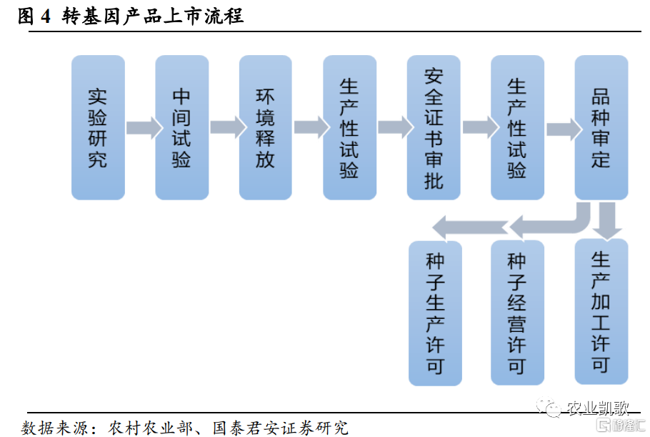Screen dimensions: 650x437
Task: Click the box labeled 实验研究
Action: coord(98,127)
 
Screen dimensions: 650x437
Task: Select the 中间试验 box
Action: coord(181,127)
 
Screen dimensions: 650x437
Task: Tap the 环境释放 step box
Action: coord(265,127)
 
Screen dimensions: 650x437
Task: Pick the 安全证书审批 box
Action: coord(434,127)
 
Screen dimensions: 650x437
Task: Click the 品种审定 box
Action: coord(601,127)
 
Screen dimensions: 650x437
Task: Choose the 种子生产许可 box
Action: coord(435,313)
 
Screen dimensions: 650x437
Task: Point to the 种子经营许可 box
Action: coord(517,313)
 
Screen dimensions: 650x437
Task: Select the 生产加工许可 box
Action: coord(601,312)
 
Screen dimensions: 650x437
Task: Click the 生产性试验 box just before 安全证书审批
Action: coord(349,127)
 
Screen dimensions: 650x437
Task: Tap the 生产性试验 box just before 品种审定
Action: coord(517,127)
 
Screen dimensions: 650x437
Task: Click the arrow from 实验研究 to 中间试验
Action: coord(144,127)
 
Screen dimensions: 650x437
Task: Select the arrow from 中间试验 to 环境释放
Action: coord(229,127)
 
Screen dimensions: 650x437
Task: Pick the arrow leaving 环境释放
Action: coord(312,127)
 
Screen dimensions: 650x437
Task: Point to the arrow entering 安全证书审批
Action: coord(396,127)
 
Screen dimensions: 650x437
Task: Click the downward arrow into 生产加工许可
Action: coord(607,221)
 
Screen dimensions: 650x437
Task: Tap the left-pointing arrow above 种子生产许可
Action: coord(470,228)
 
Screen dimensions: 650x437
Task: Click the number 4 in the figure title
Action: coord(46,16)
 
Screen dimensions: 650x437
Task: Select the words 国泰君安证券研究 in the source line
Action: coord(281,428)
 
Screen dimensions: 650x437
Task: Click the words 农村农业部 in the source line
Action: coord(150,428)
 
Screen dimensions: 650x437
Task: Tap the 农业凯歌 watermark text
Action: coord(597,408)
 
